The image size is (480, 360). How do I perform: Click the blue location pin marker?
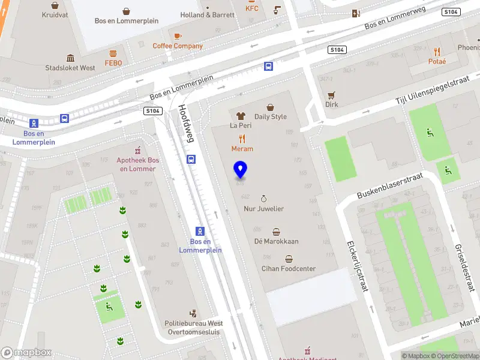pos(241,170)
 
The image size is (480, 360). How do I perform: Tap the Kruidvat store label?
pos(55,14)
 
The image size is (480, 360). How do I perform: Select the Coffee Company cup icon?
pos(178,35)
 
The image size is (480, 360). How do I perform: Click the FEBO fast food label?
pos(113,62)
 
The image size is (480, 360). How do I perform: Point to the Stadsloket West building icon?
pos(70,58)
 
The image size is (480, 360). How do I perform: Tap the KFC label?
pos(251,8)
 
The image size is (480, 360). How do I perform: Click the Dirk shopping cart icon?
pos(331,95)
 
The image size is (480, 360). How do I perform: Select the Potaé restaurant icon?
pos(437,52)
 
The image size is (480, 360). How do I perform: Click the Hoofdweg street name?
pos(187,124)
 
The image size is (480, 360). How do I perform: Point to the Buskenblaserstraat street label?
pos(389,186)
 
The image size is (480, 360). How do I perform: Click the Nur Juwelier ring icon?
pos(263,198)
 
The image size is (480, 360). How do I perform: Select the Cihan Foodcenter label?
pos(288,269)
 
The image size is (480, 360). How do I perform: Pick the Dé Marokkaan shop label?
pos(276,241)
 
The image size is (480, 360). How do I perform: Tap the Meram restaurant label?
pos(242,149)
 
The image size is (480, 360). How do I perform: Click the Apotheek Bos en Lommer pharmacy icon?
pos(137,150)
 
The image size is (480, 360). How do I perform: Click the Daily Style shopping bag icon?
pos(271,107)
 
